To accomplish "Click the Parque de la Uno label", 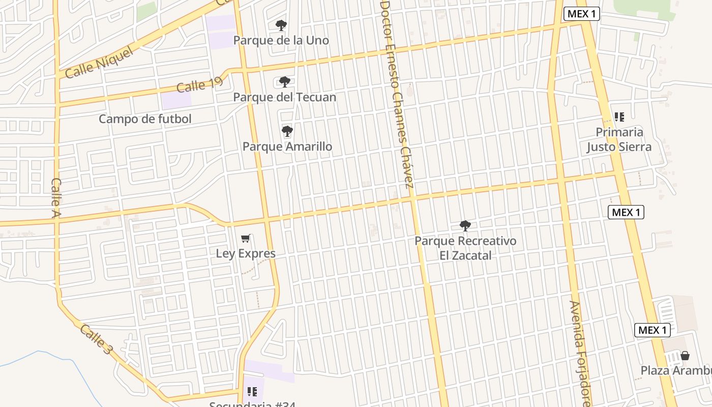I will [281, 40].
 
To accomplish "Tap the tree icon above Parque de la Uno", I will [281, 25].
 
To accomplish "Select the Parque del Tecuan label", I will [284, 97].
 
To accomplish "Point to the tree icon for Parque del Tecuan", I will [285, 81].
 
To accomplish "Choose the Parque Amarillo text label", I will [287, 147].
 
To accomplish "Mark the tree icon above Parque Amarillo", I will [287, 131].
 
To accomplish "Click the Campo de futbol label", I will [145, 119].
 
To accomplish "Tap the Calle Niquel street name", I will [100, 63].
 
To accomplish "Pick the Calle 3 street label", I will [95, 339].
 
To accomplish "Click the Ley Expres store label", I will [246, 253].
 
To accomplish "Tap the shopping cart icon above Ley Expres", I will [246, 238].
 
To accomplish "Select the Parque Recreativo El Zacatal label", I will [465, 248].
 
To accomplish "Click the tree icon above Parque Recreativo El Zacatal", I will [465, 225].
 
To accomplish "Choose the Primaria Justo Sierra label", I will [619, 139].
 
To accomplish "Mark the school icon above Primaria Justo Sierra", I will [619, 117].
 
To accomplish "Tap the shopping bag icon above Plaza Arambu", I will [685, 355].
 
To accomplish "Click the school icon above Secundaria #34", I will [252, 391].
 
